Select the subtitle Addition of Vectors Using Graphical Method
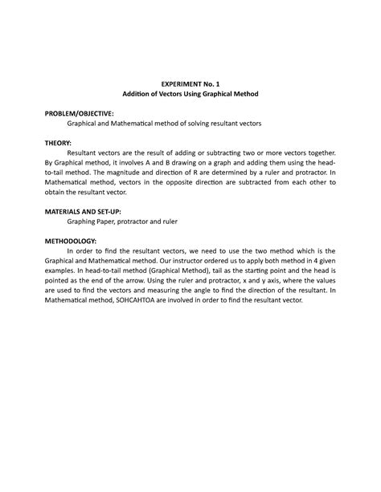pyautogui.click(x=190, y=94)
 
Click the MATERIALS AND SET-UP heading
pyautogui.click(x=88, y=211)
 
